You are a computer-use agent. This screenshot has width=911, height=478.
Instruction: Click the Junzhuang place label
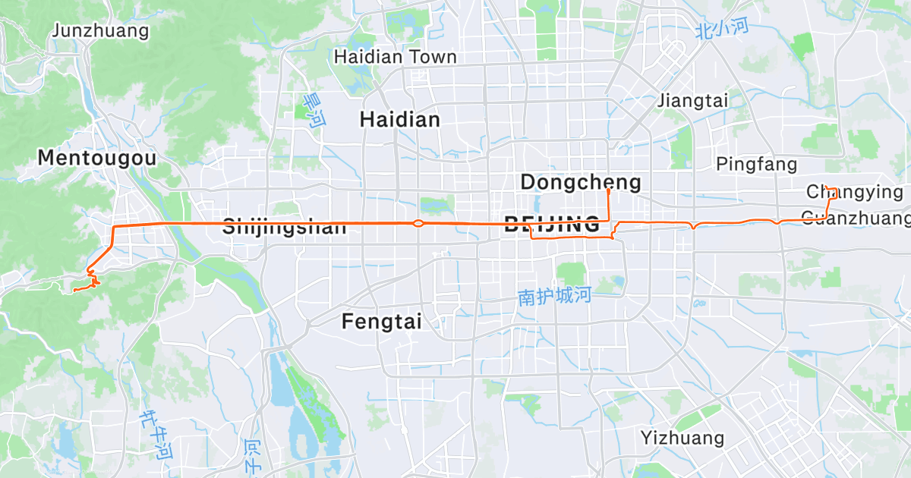point(100,31)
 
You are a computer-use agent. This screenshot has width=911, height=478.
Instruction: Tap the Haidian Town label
point(396,57)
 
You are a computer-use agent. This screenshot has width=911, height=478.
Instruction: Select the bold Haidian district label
point(399,119)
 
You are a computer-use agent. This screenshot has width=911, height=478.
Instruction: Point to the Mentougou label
point(97,158)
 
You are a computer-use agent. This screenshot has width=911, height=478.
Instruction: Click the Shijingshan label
point(284,226)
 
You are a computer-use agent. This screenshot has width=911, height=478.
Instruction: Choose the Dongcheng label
point(581,182)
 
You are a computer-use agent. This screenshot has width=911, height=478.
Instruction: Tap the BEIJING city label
point(552,225)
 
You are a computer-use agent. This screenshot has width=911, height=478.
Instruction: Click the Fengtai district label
point(382,321)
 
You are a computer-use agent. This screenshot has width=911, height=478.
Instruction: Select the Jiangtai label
point(692,100)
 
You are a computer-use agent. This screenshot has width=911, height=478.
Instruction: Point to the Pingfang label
point(757,164)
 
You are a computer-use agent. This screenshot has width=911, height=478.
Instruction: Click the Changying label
point(855,192)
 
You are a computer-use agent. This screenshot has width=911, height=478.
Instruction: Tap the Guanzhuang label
point(856,219)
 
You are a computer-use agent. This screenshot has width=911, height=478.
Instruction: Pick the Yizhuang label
point(682,438)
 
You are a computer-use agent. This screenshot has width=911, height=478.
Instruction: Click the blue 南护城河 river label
point(554,296)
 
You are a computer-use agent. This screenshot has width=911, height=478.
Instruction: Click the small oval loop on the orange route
point(418,223)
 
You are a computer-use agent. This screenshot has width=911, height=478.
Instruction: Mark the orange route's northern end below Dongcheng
point(609,190)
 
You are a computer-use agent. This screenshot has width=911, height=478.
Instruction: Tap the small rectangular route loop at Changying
point(832,193)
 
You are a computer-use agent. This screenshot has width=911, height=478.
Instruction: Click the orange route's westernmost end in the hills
point(73,290)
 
